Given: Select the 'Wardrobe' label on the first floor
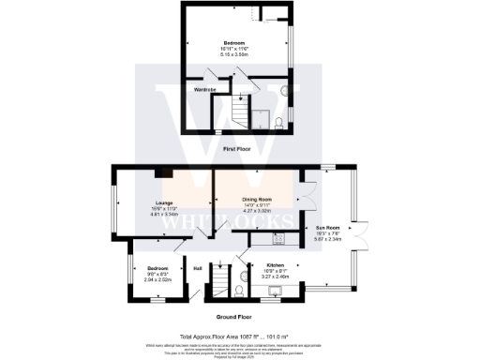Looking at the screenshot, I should (205, 90).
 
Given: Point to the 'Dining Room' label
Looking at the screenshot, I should (257, 200).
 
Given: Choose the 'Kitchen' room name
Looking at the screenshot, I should (276, 264).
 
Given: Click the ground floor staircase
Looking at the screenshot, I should (221, 280).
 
